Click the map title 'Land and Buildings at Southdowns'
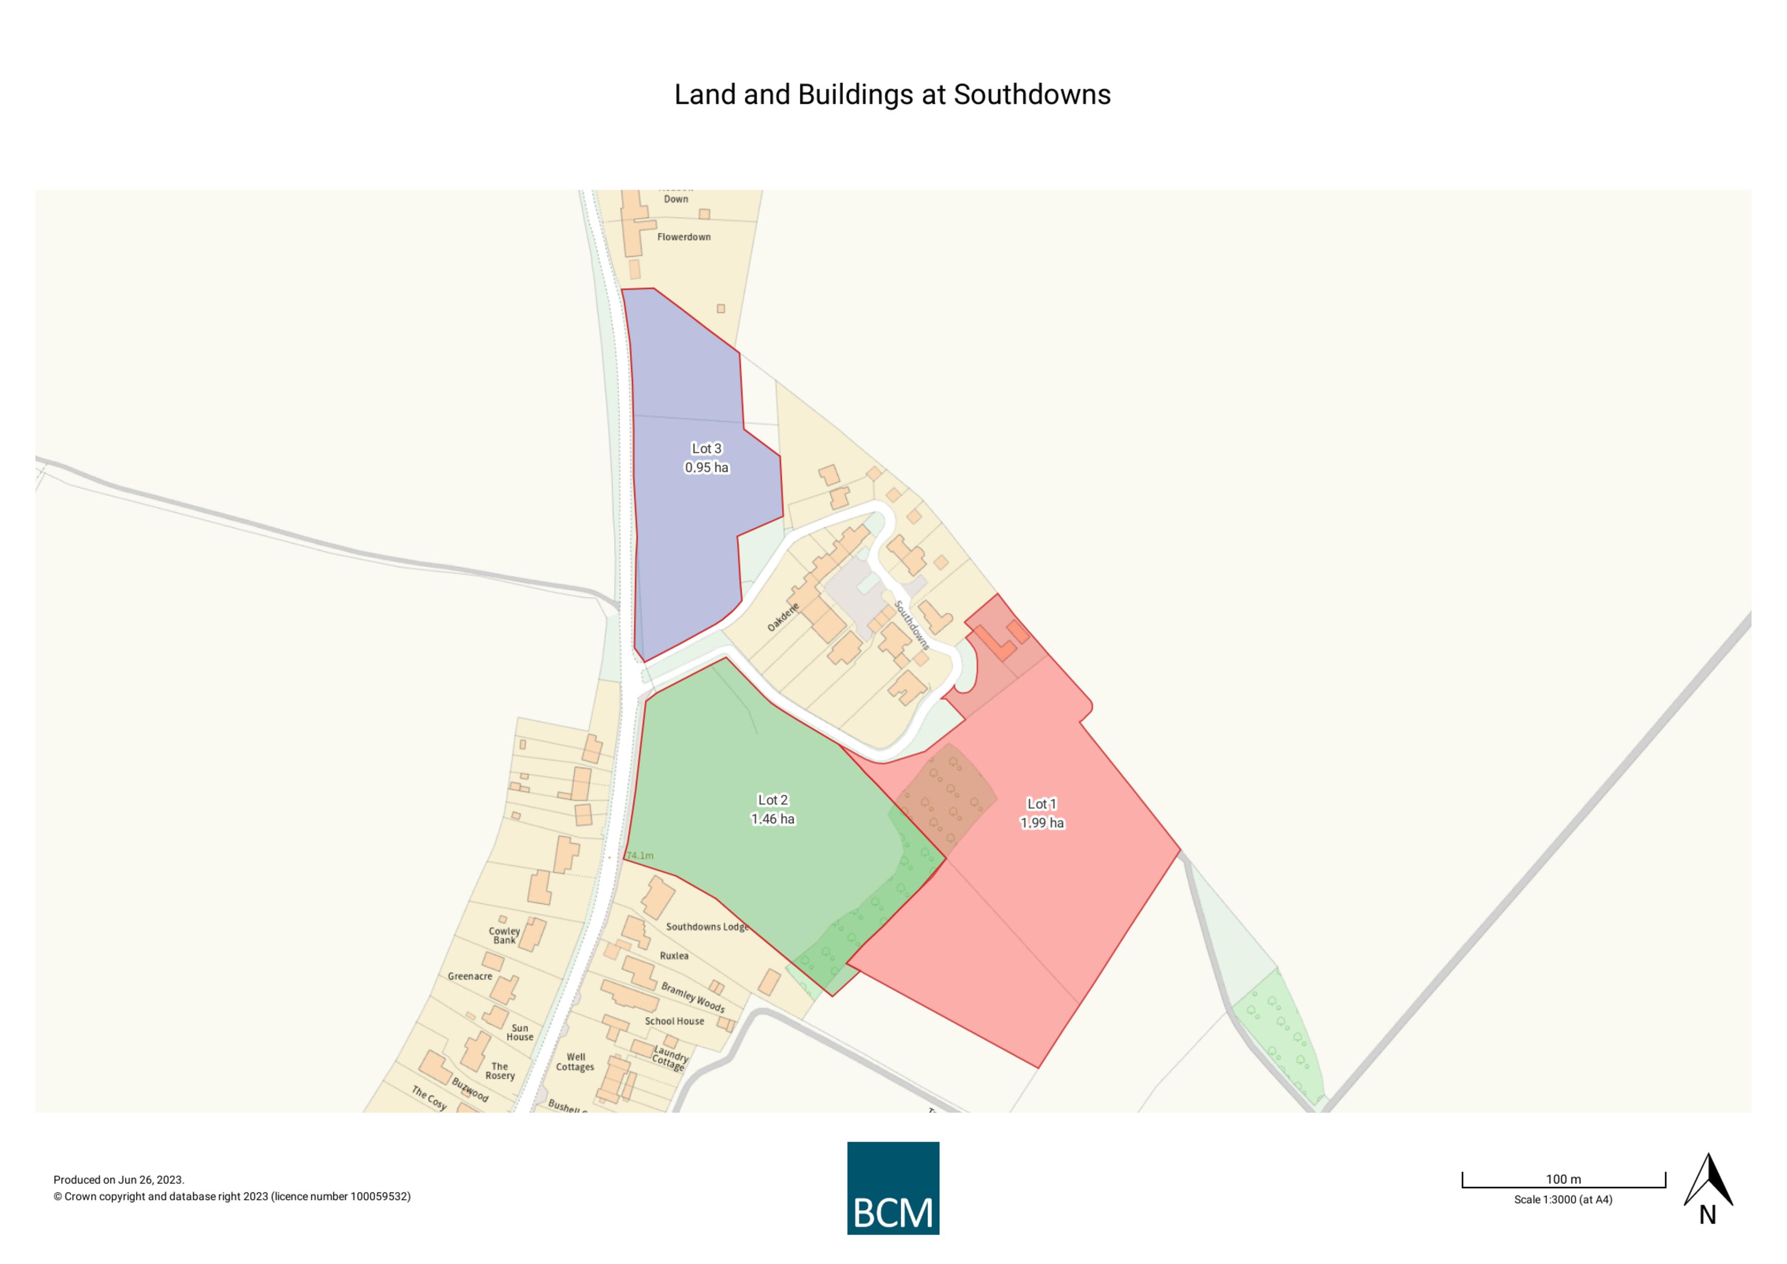[892, 95]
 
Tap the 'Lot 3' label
[707, 448]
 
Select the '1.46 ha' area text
[773, 819]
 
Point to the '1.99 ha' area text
[1042, 823]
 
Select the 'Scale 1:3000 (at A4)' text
[1563, 1199]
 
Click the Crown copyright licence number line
[232, 1196]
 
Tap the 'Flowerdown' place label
[683, 236]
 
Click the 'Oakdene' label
[783, 617]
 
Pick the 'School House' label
[674, 1021]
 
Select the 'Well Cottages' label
[575, 1062]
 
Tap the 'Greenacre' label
[470, 976]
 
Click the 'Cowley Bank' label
[504, 935]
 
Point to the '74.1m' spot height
[640, 855]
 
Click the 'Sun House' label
[520, 1032]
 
